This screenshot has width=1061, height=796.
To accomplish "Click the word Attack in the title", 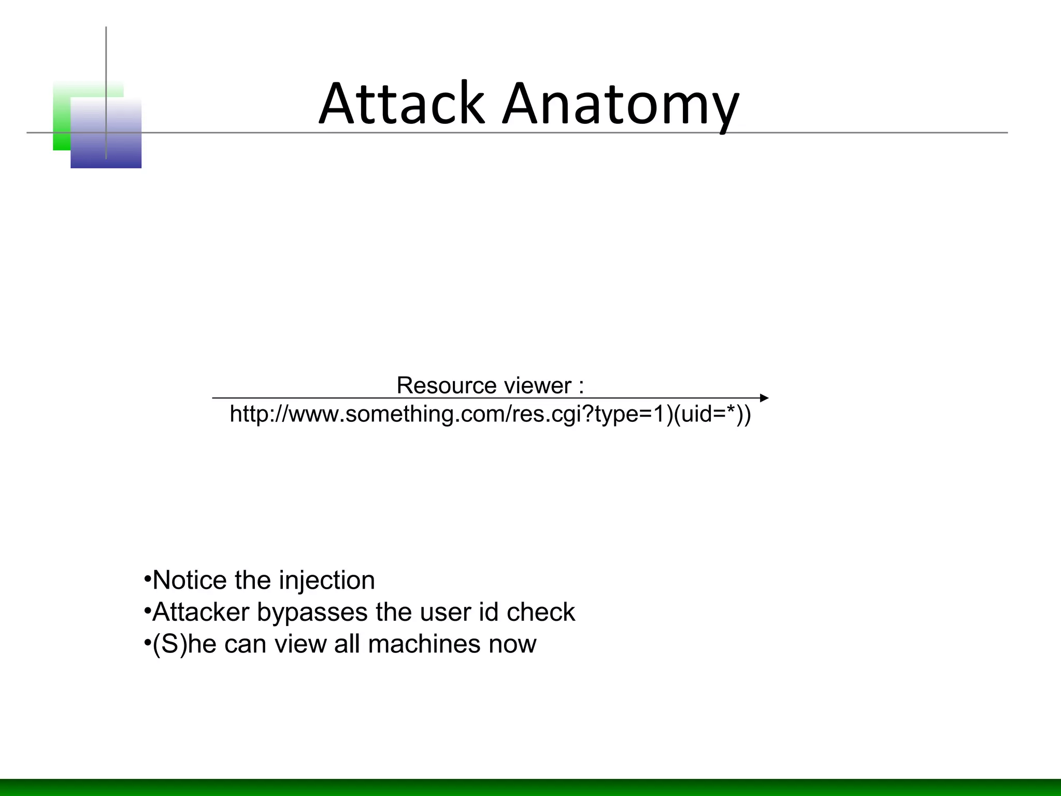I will tap(402, 104).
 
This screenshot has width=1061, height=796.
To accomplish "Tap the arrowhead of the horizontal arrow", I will tap(764, 398).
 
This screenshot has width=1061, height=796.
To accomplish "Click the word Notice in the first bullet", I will tap(190, 580).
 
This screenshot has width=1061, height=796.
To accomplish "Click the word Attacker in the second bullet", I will tap(201, 613).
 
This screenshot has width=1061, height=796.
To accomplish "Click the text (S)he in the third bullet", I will tap(184, 644).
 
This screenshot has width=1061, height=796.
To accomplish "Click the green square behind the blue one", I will tap(61, 114).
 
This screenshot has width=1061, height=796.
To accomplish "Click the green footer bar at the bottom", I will tap(530, 787).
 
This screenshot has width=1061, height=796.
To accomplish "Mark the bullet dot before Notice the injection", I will tap(147, 577).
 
